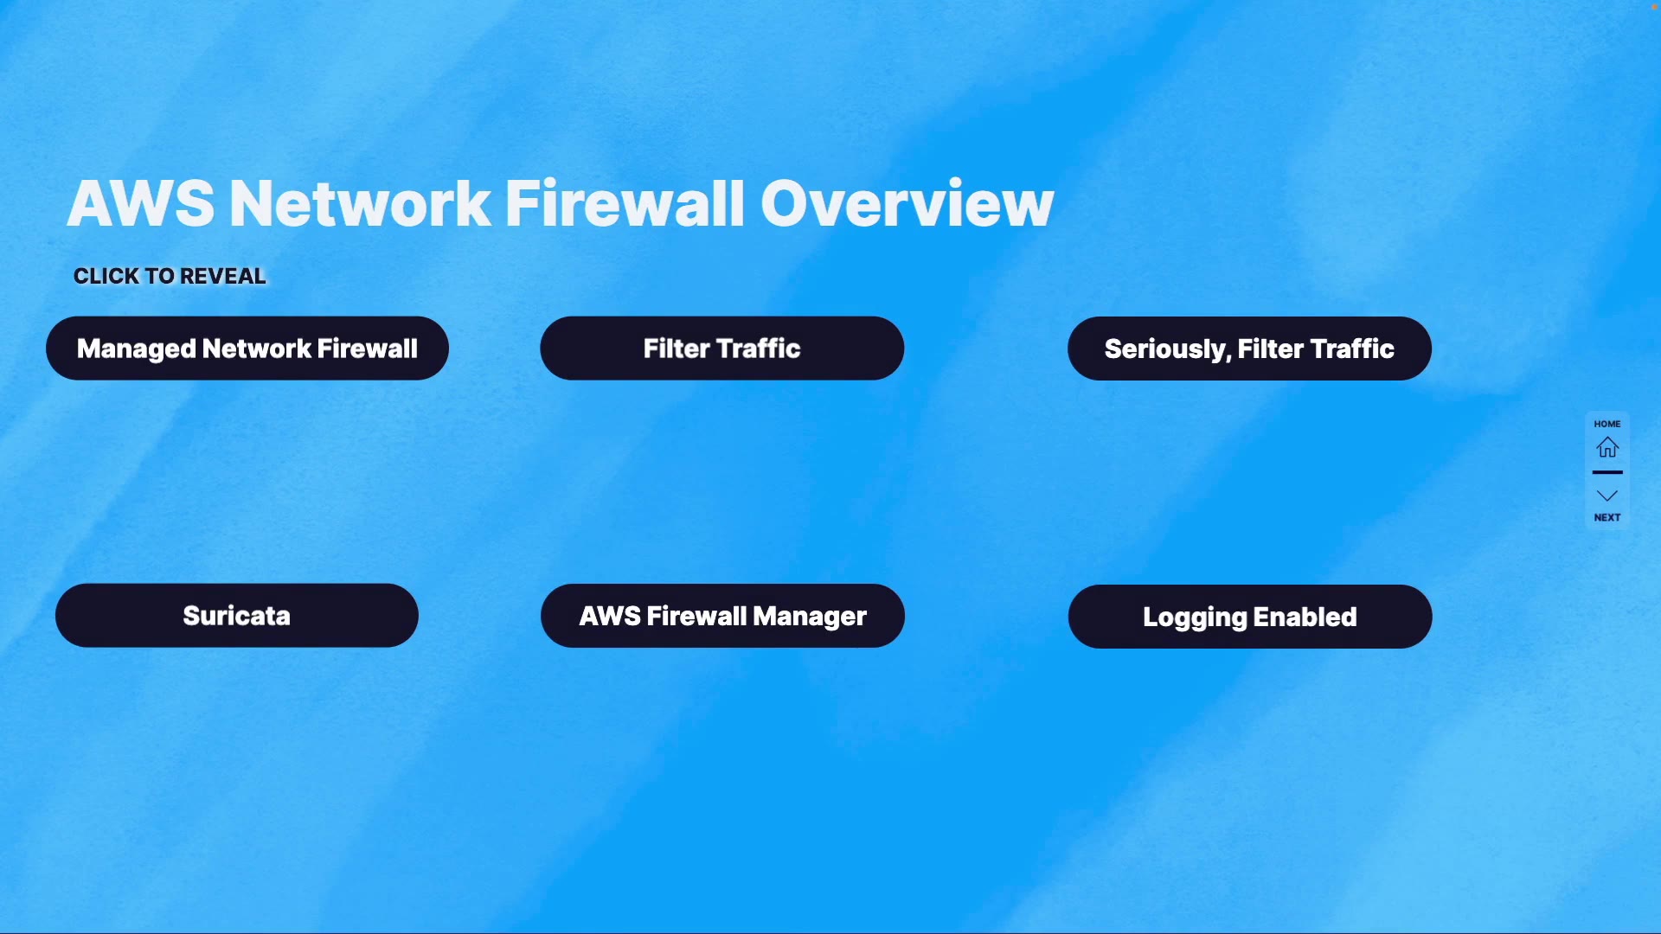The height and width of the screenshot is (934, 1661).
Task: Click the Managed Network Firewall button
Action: pyautogui.click(x=247, y=349)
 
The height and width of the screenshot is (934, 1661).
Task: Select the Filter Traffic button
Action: pyautogui.click(x=721, y=349)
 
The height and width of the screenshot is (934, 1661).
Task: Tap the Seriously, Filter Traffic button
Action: pyautogui.click(x=1249, y=349)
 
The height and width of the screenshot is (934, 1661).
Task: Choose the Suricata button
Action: pyautogui.click(x=236, y=616)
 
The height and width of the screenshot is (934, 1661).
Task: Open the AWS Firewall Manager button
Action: pyautogui.click(x=722, y=616)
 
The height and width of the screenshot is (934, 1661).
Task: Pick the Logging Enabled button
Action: pyautogui.click(x=1249, y=617)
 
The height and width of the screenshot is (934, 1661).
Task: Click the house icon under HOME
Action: pyautogui.click(x=1607, y=447)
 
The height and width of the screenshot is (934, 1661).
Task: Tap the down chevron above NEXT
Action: pyautogui.click(x=1607, y=496)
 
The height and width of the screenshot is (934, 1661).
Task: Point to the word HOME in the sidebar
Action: pyautogui.click(x=1607, y=424)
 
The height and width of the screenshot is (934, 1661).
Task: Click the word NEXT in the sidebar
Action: pyautogui.click(x=1607, y=517)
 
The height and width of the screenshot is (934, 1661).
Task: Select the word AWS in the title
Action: pyautogui.click(x=140, y=204)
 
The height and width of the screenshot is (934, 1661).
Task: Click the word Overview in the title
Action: pyautogui.click(x=907, y=204)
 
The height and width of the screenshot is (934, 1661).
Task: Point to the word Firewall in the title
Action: pyautogui.click(x=624, y=204)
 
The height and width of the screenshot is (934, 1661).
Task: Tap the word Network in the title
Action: pyautogui.click(x=360, y=204)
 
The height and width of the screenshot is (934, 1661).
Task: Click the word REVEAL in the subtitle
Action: pyautogui.click(x=223, y=276)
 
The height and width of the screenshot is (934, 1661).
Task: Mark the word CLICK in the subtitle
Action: pyautogui.click(x=106, y=276)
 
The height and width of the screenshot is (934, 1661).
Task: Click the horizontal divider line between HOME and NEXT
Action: pyautogui.click(x=1607, y=472)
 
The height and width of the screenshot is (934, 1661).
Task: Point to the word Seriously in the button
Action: pyautogui.click(x=1166, y=349)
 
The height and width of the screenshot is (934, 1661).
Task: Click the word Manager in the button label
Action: pyautogui.click(x=810, y=616)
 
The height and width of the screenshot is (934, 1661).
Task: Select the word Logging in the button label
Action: pyautogui.click(x=1195, y=617)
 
